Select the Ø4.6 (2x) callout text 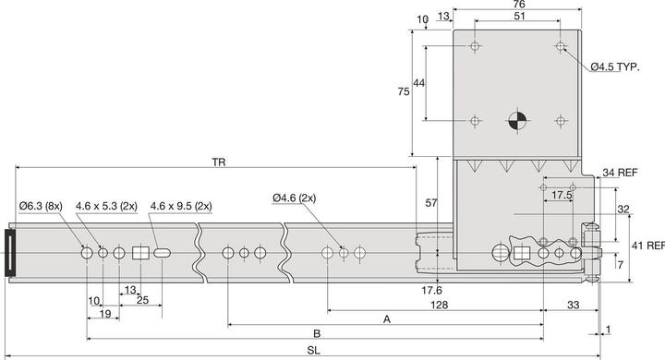pos(295,197)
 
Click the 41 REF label pos(647,246)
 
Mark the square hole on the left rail pos(140,253)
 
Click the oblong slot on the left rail pos(163,253)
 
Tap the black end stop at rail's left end pos(11,253)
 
